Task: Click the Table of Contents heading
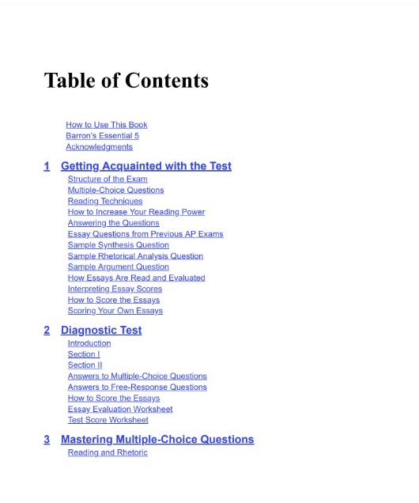[x=126, y=81]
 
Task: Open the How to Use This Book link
[x=106, y=125]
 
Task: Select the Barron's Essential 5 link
[x=102, y=136]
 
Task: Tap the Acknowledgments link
[x=99, y=147]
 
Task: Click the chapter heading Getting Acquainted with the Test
[x=146, y=166]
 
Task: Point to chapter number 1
[x=47, y=166]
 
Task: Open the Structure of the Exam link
[x=108, y=179]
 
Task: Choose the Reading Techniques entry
[x=105, y=201]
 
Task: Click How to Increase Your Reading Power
[x=136, y=212]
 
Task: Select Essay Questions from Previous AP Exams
[x=145, y=234]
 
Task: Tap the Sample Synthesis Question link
[x=118, y=245]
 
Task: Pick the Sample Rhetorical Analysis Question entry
[x=135, y=256]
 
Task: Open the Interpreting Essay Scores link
[x=115, y=289]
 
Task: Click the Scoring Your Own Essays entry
[x=115, y=311]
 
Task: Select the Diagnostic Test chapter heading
[x=101, y=330]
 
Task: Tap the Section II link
[x=85, y=365]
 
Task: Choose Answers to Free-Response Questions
[x=138, y=388]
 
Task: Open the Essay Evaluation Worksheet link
[x=120, y=409]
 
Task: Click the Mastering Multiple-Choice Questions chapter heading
[x=157, y=439]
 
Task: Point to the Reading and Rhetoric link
[x=108, y=452]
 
